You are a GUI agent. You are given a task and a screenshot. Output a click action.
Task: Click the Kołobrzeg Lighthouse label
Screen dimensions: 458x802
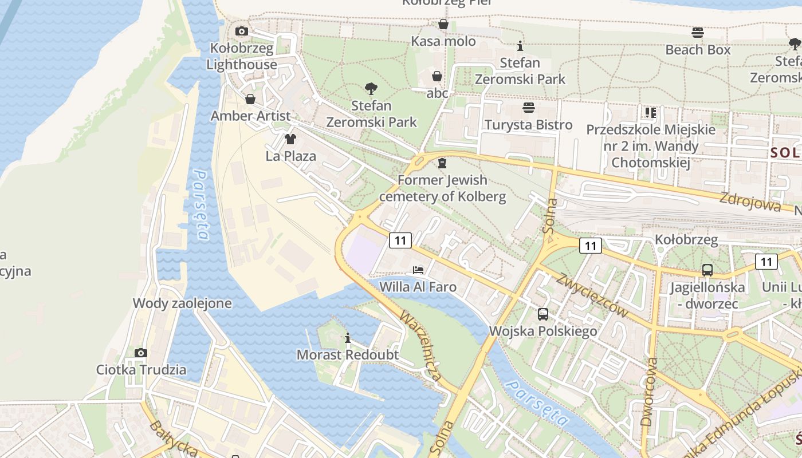click(242, 57)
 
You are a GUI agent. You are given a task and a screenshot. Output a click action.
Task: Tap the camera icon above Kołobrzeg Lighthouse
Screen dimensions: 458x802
click(242, 31)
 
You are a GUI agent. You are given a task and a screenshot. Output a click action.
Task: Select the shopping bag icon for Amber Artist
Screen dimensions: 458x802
click(250, 99)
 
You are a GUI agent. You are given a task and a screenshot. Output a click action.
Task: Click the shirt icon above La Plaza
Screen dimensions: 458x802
click(290, 139)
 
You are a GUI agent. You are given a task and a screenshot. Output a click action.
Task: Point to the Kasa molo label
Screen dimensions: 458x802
click(443, 41)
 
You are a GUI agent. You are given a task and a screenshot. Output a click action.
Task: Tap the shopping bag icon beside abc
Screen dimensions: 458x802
click(437, 76)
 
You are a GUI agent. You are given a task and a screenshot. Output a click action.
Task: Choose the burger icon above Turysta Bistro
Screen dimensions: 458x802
click(528, 108)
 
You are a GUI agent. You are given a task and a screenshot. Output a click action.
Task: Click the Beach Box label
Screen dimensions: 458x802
click(698, 50)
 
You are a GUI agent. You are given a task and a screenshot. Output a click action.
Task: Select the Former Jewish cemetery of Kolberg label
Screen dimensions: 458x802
click(442, 188)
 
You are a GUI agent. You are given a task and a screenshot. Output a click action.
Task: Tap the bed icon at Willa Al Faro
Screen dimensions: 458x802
click(418, 270)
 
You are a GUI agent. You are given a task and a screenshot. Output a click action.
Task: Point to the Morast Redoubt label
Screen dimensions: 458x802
click(347, 355)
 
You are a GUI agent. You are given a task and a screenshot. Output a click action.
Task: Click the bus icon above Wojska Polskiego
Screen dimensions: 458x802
click(542, 314)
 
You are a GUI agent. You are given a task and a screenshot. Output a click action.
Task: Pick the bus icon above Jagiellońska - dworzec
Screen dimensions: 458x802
click(707, 270)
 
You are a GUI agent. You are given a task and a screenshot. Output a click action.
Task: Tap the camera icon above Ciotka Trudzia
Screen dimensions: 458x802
click(141, 353)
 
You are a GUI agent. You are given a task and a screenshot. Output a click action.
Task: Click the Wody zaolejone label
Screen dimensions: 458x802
click(182, 303)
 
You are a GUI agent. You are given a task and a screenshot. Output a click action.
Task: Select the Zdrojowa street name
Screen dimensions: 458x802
click(750, 202)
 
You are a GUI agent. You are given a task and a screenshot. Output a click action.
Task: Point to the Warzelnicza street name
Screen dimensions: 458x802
click(421, 346)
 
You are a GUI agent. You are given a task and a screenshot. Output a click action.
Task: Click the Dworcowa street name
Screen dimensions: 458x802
click(648, 392)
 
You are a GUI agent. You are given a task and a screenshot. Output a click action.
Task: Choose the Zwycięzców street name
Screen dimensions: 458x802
click(592, 294)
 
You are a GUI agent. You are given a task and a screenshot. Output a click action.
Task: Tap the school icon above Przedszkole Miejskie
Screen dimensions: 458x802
click(650, 113)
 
